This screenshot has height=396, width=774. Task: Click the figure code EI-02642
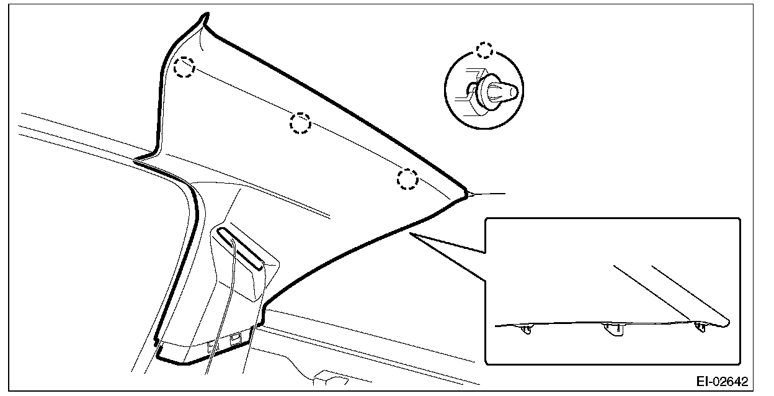pos(722,382)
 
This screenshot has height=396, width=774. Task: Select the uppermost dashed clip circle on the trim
pos(184,67)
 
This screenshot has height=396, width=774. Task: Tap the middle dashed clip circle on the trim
pos(300,123)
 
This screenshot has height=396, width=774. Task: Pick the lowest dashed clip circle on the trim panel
pos(407,179)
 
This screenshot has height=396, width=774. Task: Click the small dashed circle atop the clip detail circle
pos(485,50)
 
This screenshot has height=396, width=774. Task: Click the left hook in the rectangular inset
pos(527,329)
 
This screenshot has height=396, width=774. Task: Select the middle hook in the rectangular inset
pos(614,329)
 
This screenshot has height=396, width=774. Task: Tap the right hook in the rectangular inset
pos(700,327)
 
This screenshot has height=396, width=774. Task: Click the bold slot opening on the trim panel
pos(240,248)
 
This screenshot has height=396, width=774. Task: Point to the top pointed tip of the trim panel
pos(207,14)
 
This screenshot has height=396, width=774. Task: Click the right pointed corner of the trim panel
pos(466,194)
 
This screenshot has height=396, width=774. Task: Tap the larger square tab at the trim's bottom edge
pos(236,339)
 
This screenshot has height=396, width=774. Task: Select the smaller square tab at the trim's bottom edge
pos(213,345)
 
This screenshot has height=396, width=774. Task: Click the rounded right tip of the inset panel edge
pos(727,323)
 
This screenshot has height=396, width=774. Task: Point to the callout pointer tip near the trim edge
pos(410,234)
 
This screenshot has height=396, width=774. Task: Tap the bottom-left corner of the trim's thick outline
pos(158,358)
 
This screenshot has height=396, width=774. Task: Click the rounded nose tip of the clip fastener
pos(515,91)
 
